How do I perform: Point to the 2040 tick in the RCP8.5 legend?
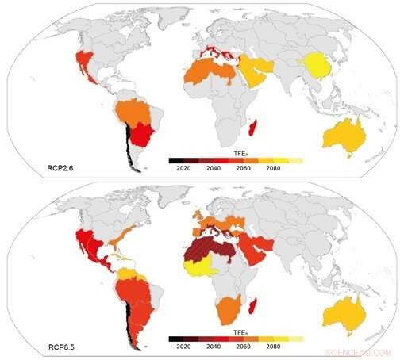coord(214,347)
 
